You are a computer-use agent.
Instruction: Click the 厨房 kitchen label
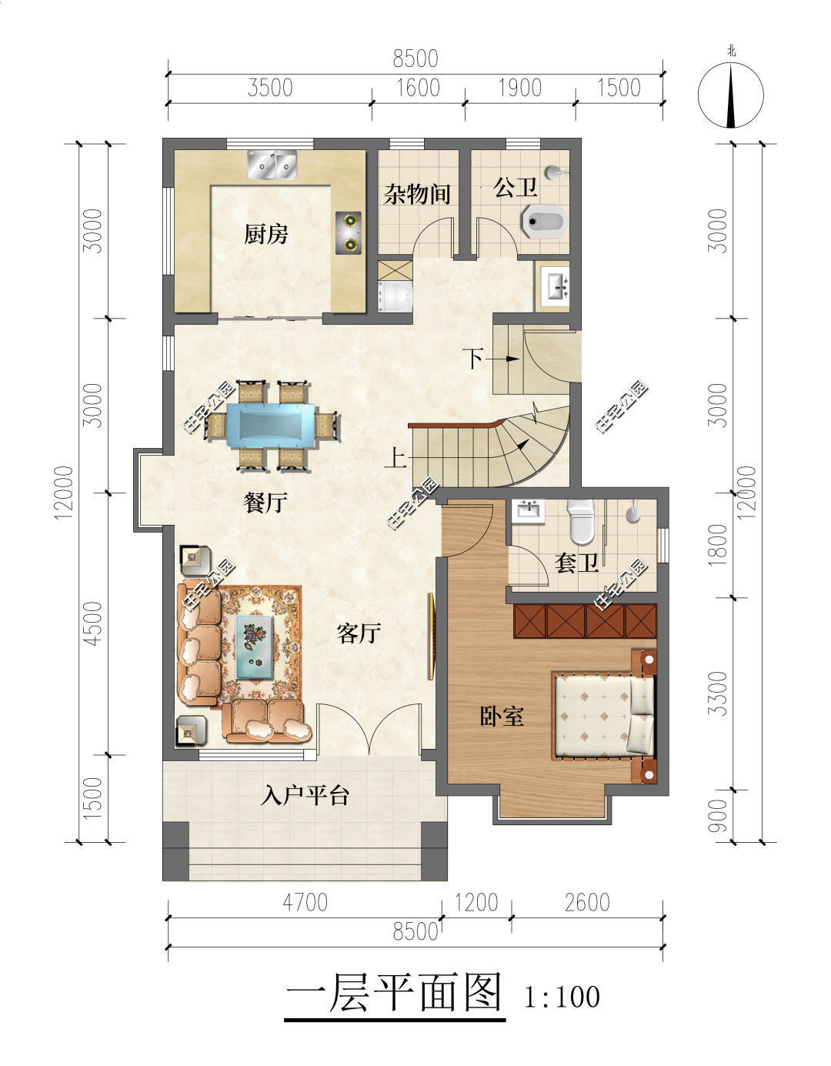265,235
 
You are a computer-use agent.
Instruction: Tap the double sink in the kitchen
272,165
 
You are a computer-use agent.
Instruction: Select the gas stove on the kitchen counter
348,232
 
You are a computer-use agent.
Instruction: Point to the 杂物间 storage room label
417,194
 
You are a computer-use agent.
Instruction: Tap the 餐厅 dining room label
265,503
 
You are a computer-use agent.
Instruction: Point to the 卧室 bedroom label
502,717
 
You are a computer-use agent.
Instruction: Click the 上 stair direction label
395,459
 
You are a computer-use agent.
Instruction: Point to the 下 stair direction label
474,359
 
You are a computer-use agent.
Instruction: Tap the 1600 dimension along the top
418,89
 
